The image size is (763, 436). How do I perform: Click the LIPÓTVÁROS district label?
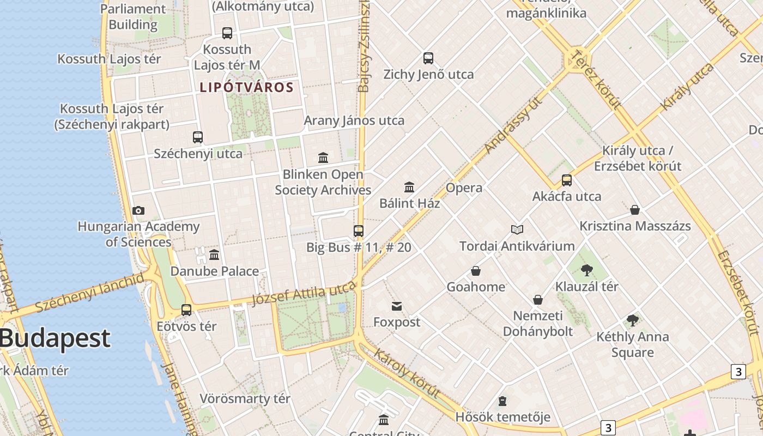pyautogui.click(x=247, y=87)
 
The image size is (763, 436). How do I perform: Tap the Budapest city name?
pyautogui.click(x=55, y=338)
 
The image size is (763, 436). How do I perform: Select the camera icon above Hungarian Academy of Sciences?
pyautogui.click(x=138, y=210)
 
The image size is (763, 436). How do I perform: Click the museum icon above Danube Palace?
pyautogui.click(x=214, y=255)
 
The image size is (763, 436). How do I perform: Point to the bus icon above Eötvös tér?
pyautogui.click(x=186, y=310)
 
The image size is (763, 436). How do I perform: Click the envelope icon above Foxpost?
pyautogui.click(x=397, y=306)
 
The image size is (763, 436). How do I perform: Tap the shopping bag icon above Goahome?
pyautogui.click(x=476, y=271)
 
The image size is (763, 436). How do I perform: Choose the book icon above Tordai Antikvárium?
pyautogui.click(x=517, y=230)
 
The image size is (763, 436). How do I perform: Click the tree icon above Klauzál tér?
pyautogui.click(x=587, y=270)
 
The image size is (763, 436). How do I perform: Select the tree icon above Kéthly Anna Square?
pyautogui.click(x=632, y=320)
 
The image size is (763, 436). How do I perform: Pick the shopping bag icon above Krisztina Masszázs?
pyautogui.click(x=635, y=210)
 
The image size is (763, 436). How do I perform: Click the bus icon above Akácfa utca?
pyautogui.click(x=567, y=180)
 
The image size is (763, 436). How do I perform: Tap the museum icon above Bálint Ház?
pyautogui.click(x=409, y=187)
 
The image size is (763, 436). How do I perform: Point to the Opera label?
pyautogui.click(x=464, y=188)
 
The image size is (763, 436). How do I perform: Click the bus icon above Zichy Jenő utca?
pyautogui.click(x=428, y=58)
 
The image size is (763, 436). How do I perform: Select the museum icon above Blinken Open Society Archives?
pyautogui.click(x=323, y=158)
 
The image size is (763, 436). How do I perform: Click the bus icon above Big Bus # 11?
pyautogui.click(x=359, y=231)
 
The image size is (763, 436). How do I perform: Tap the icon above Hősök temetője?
pyautogui.click(x=502, y=402)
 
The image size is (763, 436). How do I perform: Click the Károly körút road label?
pyautogui.click(x=407, y=373)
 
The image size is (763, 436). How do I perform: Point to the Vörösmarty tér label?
pyautogui.click(x=245, y=398)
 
